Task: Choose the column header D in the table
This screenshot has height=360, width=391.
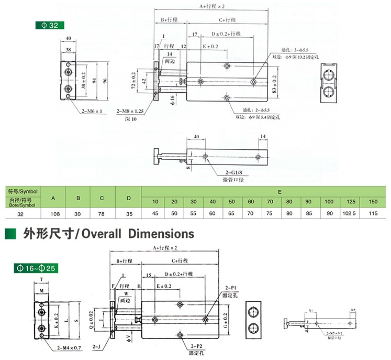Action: tap(128, 198)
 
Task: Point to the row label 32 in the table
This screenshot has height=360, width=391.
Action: tap(20, 214)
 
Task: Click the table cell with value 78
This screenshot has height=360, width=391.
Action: tap(103, 214)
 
